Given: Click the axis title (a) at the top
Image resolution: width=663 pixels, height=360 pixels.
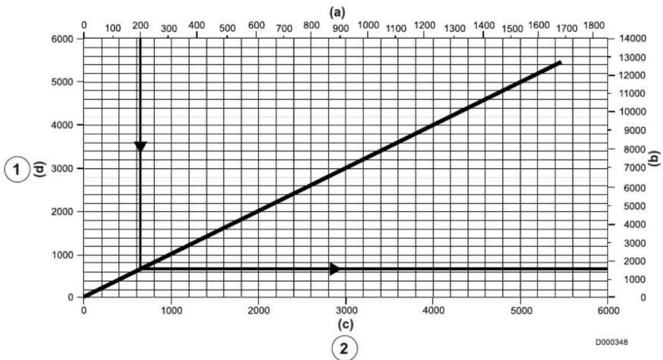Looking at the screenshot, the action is point(337,12).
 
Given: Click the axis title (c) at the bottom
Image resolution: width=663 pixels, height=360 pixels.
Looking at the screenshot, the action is point(345,324).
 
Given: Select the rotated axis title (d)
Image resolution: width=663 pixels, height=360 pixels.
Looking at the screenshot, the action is point(41,170).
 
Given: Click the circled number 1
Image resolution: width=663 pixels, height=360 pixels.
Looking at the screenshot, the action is point(16,170).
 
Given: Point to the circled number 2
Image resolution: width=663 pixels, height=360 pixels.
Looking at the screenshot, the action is point(345,348).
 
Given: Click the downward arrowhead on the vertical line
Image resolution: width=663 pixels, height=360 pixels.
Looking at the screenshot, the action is point(140,146).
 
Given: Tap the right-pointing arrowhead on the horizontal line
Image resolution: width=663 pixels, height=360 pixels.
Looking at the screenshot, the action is point(335,269).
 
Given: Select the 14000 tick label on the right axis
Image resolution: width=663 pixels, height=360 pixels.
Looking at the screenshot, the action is point(633,38).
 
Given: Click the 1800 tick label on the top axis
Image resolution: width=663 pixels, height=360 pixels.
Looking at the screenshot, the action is point(593,25).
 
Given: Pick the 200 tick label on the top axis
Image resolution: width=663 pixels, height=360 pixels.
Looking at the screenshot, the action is point(140,25).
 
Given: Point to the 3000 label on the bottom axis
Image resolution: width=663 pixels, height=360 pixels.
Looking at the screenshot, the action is point(346,311).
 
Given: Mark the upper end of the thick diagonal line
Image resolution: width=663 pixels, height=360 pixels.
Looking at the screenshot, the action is point(560,63).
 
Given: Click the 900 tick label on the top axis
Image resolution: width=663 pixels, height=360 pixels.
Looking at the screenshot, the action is point(340,28).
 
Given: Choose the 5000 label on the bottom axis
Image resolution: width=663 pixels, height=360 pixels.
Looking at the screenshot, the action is point(521,311).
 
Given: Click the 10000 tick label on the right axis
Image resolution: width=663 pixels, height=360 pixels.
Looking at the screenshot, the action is point(633,111).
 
